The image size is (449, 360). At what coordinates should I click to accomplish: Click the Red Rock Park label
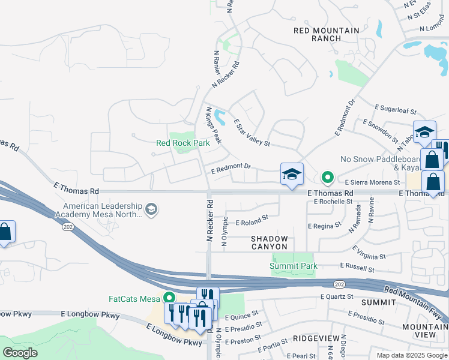pos(183,143)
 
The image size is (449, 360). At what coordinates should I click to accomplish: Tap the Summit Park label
pos(293,266)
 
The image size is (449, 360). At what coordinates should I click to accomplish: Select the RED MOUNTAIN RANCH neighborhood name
pos(327,34)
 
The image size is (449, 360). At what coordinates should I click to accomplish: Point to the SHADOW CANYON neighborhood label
pos(270,242)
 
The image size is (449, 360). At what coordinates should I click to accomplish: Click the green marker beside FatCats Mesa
pos(169,298)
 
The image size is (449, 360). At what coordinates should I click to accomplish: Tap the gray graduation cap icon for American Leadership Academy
pos(152,209)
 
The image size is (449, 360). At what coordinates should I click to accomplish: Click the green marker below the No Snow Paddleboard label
pos(327,177)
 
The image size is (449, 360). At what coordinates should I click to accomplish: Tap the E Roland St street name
pos(252,221)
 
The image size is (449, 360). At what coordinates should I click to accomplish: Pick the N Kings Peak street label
pos(214,125)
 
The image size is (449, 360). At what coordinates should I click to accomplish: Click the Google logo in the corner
pos(20,353)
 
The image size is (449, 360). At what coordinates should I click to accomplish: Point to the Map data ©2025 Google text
pos(411,355)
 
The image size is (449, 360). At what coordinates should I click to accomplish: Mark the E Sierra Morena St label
pos(372,182)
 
